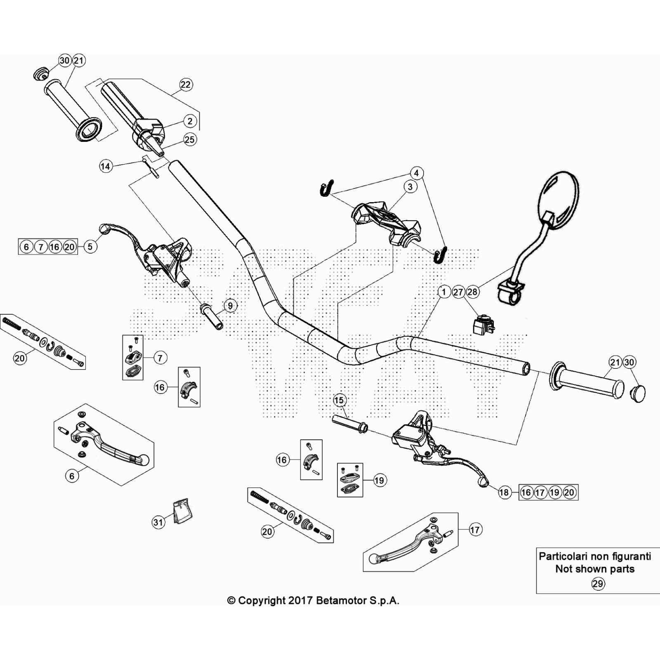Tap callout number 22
click(186, 85)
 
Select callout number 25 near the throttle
click(189, 139)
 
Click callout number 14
click(106, 166)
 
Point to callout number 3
click(410, 186)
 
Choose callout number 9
click(230, 306)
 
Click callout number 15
click(339, 400)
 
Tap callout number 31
click(158, 522)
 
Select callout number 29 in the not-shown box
click(598, 584)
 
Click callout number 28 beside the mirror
click(472, 292)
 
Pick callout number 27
click(458, 292)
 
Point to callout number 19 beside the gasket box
click(379, 480)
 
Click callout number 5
click(90, 247)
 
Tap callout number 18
click(504, 492)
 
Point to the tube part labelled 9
click(212, 316)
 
